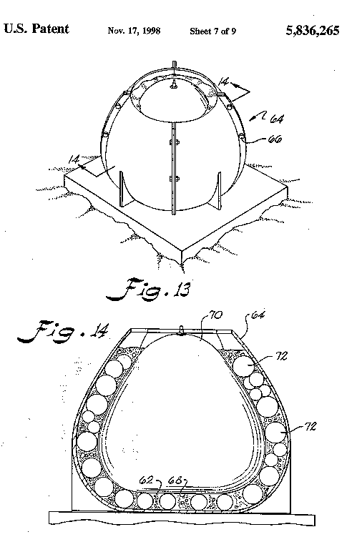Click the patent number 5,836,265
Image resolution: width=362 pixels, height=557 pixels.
point(313,31)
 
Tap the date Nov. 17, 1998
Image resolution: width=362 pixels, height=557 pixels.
point(134,31)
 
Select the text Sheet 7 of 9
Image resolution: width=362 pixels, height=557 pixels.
point(212,31)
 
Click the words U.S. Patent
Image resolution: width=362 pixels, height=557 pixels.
point(36,29)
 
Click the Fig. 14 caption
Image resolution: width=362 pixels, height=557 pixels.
point(63,332)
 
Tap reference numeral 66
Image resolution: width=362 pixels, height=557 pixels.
point(275,139)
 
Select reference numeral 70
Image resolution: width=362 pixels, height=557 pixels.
point(215,315)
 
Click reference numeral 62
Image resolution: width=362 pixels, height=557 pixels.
point(146,480)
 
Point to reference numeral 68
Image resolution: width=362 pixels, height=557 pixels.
point(175,480)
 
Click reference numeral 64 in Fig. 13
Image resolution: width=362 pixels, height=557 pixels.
point(277,119)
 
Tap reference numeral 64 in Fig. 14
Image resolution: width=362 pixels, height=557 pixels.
point(258,315)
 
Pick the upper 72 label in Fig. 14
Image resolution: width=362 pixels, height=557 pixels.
point(281,356)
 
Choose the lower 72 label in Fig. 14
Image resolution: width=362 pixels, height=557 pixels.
point(310,426)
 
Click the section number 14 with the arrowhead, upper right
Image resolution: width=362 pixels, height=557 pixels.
point(224,82)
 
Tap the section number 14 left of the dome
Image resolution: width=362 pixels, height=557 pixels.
point(74,159)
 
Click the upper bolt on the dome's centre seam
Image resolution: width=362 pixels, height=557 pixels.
point(174,142)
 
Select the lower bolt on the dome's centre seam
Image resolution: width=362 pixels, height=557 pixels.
point(174,178)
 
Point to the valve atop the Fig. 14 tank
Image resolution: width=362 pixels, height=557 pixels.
point(182,330)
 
